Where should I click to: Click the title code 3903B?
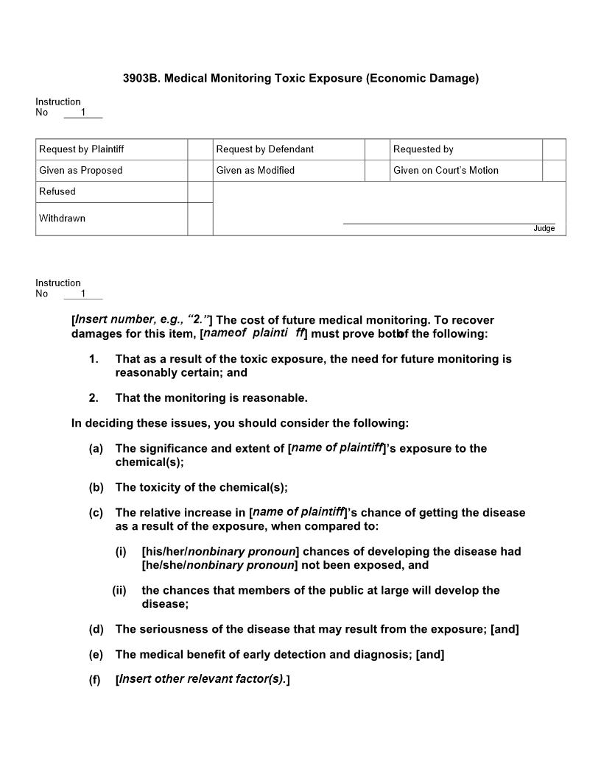141,78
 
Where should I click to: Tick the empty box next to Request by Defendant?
377,149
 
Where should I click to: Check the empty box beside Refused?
200,192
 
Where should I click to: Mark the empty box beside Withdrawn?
200,219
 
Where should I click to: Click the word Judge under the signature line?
544,229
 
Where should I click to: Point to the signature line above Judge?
449,223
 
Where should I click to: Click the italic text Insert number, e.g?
141,320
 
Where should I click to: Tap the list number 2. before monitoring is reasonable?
94,398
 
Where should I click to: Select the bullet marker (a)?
96,449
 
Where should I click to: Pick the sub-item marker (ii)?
119,591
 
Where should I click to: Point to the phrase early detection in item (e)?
287,655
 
